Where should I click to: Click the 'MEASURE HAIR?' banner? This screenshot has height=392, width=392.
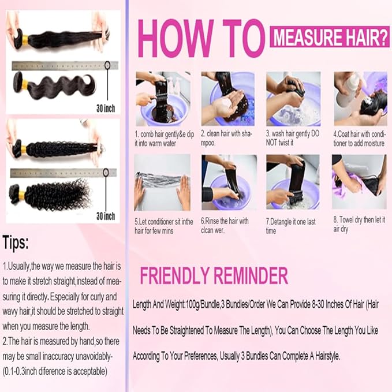pyautogui.click(x=330, y=37)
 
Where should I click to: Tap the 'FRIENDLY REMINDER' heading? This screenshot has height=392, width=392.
pyautogui.click(x=214, y=275)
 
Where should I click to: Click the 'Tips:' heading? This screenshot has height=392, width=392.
pyautogui.click(x=16, y=242)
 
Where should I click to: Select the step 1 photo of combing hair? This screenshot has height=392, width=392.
pyautogui.click(x=163, y=99)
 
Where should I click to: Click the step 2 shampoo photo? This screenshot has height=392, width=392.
pyautogui.click(x=227, y=99)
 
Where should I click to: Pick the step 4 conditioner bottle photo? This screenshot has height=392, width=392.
pyautogui.click(x=360, y=99)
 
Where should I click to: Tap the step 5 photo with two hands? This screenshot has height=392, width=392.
pyautogui.click(x=162, y=182)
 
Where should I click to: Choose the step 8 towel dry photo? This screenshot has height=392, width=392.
pyautogui.click(x=359, y=182)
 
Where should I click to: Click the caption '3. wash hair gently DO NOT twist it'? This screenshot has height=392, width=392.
pyautogui.click(x=293, y=138)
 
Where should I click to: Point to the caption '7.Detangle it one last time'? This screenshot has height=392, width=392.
pyautogui.click(x=290, y=226)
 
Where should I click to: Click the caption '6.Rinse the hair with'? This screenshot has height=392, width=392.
pyautogui.click(x=225, y=221)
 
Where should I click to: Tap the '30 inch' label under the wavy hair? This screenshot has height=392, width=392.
pyautogui.click(x=106, y=109)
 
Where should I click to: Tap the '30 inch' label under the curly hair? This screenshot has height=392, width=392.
pyautogui.click(x=106, y=216)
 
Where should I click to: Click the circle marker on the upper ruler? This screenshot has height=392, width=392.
pyautogui.click(x=107, y=65)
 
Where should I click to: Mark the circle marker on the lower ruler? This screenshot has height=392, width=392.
pyautogui.click(x=106, y=172)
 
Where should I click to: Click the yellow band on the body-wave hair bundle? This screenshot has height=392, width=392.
pyautogui.click(x=25, y=85)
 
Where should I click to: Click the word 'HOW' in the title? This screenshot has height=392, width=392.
pyautogui.click(x=176, y=38)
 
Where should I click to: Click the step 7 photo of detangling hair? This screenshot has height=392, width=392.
pyautogui.click(x=293, y=182)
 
